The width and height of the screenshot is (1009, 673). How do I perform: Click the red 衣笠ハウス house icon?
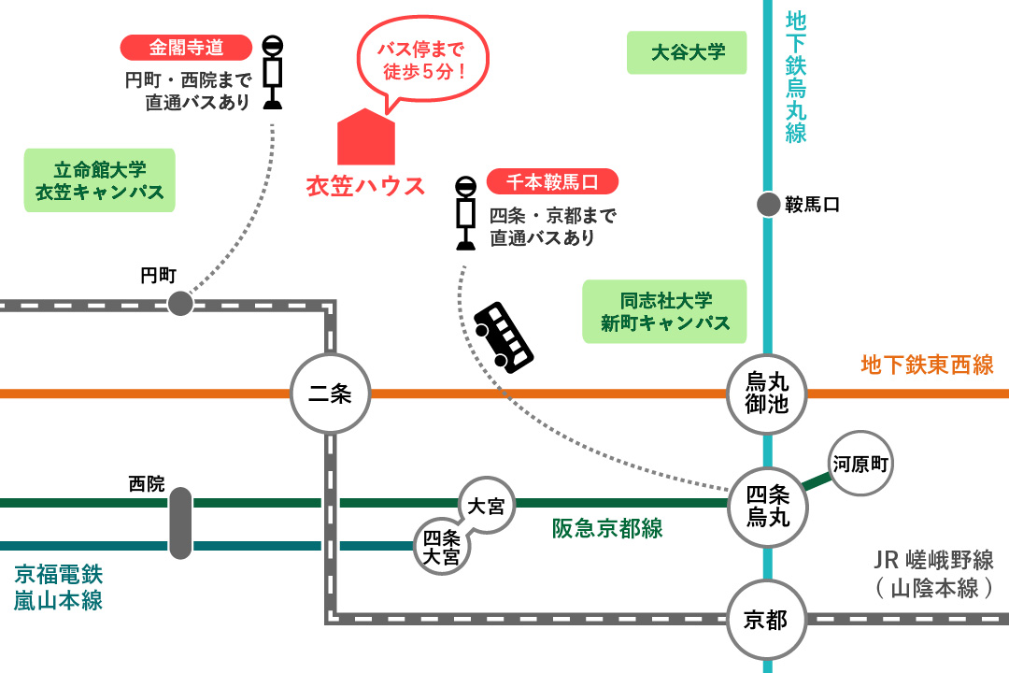click(x=365, y=137)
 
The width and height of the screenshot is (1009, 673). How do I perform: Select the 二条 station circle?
click(x=329, y=394)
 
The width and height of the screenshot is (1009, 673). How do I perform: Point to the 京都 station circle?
click(x=766, y=620)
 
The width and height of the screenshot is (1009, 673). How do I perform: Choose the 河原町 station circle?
click(x=860, y=463)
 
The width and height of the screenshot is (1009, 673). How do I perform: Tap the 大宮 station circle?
click(x=486, y=506)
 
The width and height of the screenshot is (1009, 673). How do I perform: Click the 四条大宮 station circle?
click(x=442, y=545)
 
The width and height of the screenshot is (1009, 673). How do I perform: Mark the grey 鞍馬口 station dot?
click(x=768, y=205)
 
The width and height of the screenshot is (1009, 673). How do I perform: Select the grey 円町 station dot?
click(x=180, y=303)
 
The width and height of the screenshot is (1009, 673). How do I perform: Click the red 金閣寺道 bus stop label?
click(x=187, y=48)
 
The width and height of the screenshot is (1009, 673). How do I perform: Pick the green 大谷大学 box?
click(x=688, y=52)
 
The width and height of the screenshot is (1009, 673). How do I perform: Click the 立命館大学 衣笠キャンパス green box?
click(x=100, y=180)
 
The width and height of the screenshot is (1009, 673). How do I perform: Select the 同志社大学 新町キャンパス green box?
click(x=665, y=311)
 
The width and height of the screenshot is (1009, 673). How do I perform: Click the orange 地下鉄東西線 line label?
click(x=927, y=365)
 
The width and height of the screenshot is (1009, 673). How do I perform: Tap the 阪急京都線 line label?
click(x=607, y=528)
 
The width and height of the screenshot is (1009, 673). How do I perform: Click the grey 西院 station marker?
click(x=180, y=523)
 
